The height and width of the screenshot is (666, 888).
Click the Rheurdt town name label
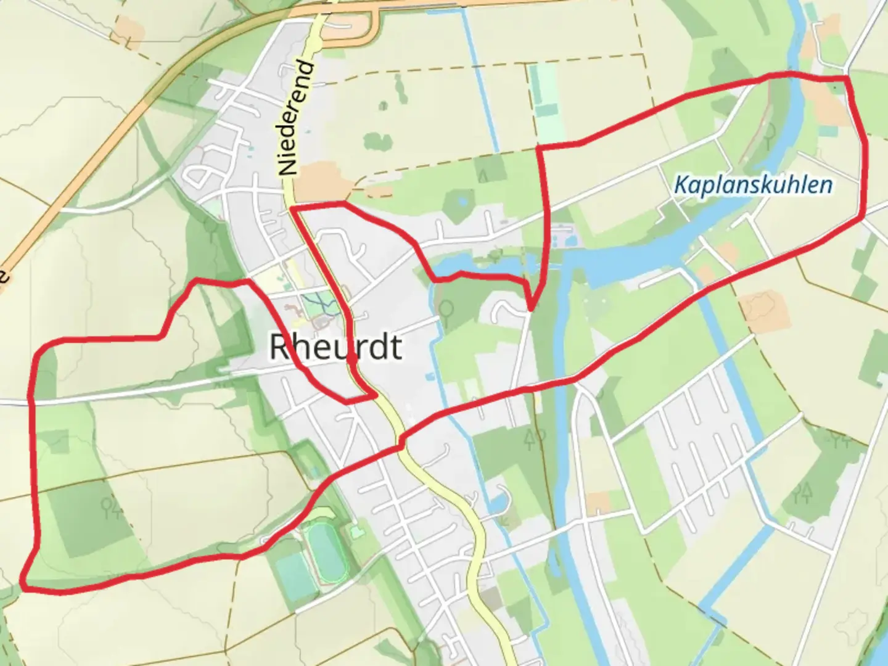point(336,347)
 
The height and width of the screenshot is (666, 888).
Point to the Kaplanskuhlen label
point(753,184)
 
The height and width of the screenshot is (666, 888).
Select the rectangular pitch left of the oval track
point(294,577)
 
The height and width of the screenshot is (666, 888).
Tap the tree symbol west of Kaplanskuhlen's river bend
point(770,131)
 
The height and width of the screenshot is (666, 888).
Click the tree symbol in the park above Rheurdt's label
point(447,308)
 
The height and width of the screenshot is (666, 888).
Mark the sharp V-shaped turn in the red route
point(530,308)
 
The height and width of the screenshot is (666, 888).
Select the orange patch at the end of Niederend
point(321,179)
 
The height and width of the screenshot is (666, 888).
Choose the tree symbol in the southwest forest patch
point(112,507)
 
